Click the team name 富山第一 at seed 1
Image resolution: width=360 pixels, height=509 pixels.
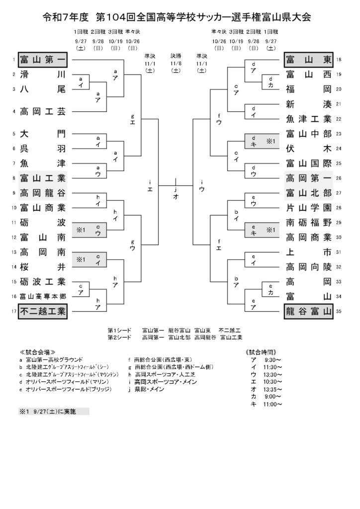pos(43,60)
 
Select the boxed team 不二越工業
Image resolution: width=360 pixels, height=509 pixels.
pos(43,311)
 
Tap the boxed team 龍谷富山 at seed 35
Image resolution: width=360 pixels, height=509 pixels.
pos(309,311)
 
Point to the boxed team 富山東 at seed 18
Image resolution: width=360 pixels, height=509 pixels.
pos(309,60)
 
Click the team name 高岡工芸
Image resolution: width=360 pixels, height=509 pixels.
pos(43,112)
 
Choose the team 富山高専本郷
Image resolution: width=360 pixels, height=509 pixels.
pos(43,296)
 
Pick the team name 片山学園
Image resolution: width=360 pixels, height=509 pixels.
pos(309,208)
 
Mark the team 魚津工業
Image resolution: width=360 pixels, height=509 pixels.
pos(309,119)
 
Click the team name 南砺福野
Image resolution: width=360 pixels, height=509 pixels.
pos(309,223)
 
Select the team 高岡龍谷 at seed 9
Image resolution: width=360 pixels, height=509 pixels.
pos(43,193)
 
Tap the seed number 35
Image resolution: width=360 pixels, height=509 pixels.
pos(339,311)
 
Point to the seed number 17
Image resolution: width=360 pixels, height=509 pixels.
pos(14,311)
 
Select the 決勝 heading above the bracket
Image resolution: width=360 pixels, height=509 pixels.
pos(176,56)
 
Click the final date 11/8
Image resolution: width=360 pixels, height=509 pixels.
pos(176,64)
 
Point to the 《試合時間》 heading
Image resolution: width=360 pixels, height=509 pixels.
pos(262,352)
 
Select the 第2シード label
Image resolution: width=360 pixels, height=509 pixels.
pos(119,338)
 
